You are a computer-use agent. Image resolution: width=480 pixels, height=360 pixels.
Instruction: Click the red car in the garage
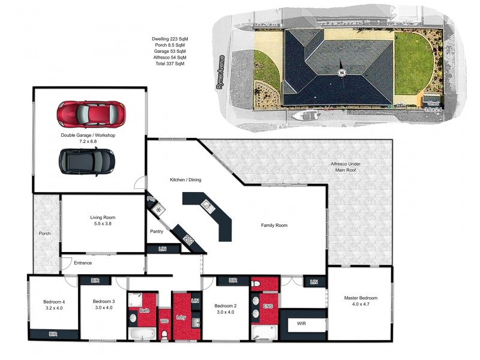(91, 112)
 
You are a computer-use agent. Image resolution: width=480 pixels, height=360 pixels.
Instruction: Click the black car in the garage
(87, 160)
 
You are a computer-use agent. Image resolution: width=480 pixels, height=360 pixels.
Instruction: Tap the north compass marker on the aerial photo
(341, 73)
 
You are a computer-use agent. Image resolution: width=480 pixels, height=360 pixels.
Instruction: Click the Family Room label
(274, 226)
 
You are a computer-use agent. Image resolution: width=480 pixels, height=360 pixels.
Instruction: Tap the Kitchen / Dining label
(185, 180)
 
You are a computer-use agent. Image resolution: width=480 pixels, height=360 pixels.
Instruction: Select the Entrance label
(83, 263)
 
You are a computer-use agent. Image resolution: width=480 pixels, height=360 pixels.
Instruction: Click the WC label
(163, 322)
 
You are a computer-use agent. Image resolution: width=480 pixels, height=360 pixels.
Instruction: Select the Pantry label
(157, 231)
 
